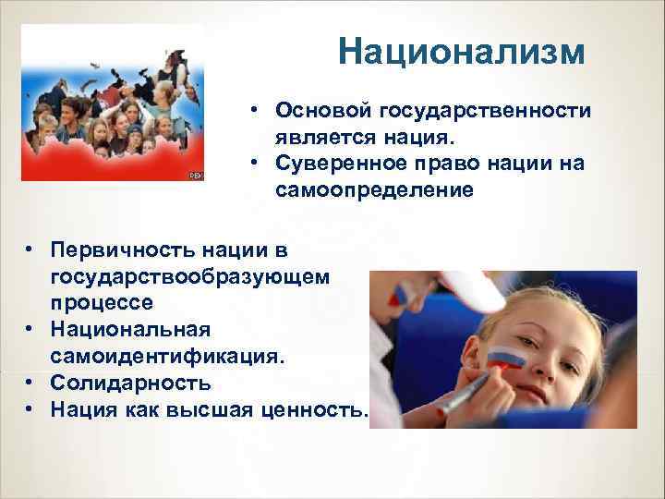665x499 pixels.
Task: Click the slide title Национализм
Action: click(x=461, y=52)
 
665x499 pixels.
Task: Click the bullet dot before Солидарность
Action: click(x=30, y=382)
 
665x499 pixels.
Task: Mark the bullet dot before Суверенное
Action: click(x=251, y=163)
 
